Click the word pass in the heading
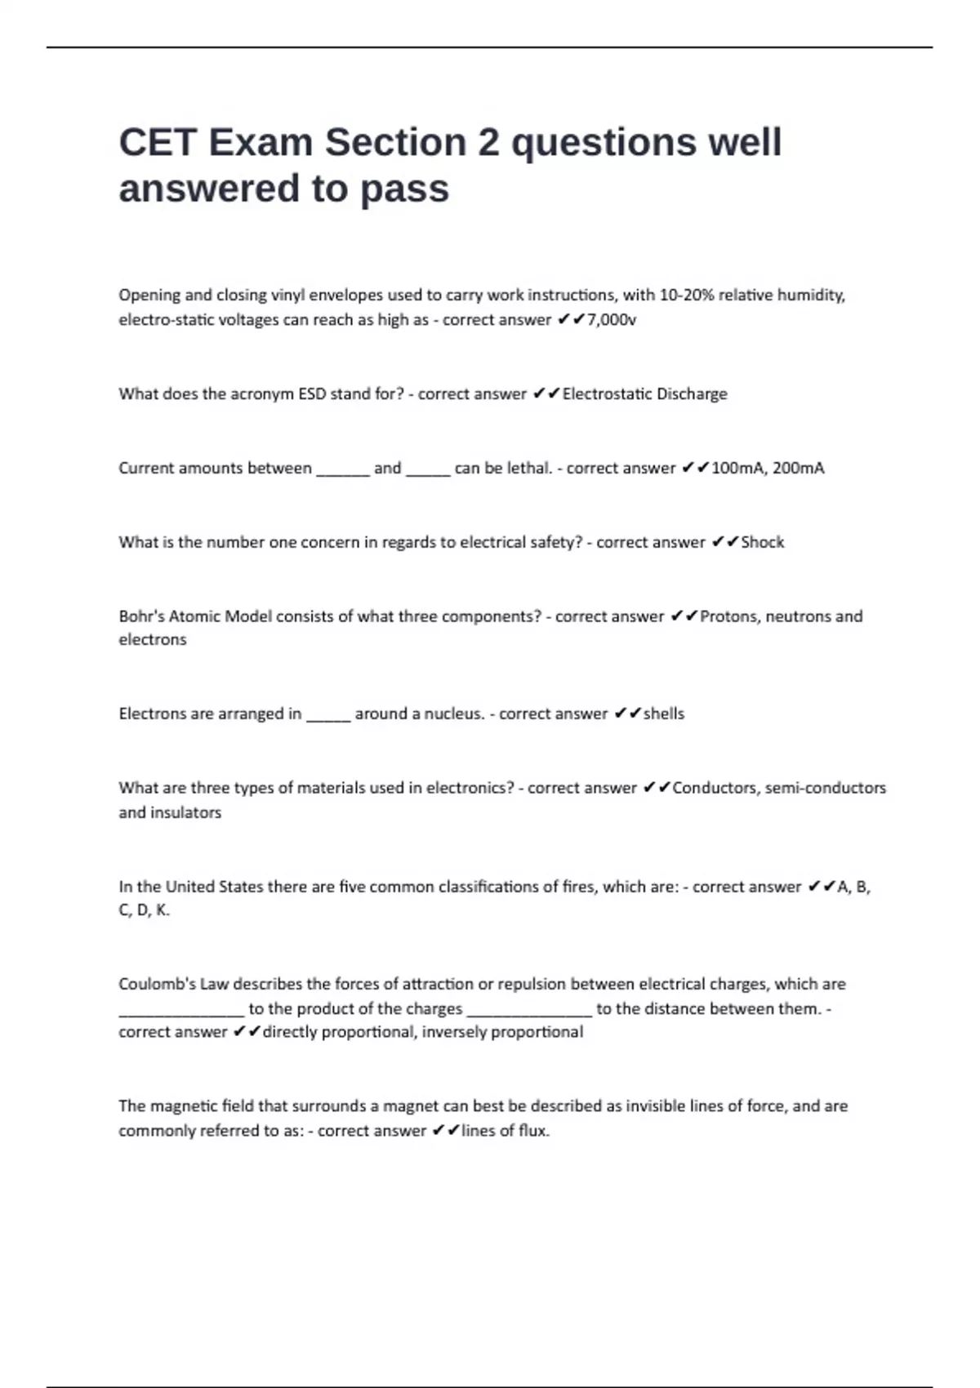tap(405, 189)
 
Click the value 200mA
tap(798, 469)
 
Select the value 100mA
tap(737, 469)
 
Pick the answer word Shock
tap(762, 543)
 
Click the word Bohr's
tap(141, 616)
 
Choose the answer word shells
tap(664, 714)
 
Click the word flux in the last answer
tap(532, 1131)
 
